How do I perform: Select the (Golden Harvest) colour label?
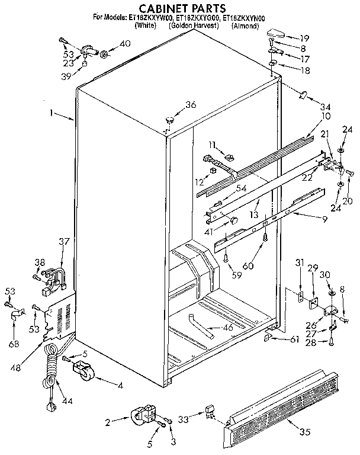(x=194, y=27)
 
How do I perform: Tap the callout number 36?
(x=189, y=105)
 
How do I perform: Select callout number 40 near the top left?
(x=125, y=43)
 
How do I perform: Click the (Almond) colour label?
(x=245, y=27)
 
